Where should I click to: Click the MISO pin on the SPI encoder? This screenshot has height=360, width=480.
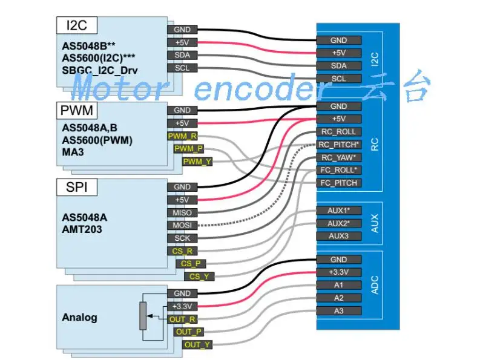tap(182, 212)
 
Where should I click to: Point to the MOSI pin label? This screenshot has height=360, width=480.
tap(182, 225)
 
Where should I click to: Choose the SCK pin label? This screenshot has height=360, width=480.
tap(182, 238)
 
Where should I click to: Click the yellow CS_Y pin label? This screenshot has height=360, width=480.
tap(199, 277)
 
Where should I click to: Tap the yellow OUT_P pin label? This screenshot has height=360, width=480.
tap(189, 332)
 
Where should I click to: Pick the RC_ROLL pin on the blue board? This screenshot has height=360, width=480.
tap(338, 132)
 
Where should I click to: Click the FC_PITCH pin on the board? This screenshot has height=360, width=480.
tap(338, 183)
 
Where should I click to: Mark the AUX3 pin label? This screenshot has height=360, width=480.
tap(338, 236)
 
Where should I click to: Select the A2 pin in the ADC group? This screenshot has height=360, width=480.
tap(338, 298)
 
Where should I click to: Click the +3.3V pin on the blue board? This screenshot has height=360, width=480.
tap(338, 272)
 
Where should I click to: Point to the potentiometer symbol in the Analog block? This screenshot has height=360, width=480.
tap(143, 315)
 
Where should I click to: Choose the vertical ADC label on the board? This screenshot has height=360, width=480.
tap(375, 285)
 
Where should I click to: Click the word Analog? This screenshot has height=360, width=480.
tap(79, 317)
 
